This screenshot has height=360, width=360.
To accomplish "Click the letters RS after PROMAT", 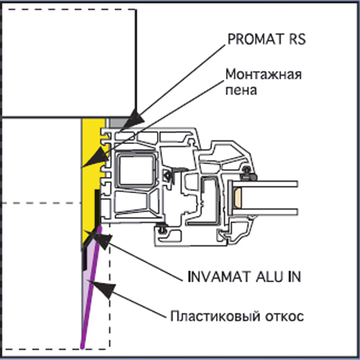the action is pos(297,39).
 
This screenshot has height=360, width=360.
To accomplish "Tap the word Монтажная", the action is pos(264,75).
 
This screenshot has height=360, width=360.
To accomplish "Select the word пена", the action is pos(241,90).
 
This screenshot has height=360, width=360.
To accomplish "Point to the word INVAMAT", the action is pos(219,276).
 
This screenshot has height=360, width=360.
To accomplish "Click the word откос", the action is pos(284,316).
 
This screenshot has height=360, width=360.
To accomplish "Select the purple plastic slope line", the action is pos(91,287).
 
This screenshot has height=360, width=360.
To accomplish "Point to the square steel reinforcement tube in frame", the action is pos(135,170).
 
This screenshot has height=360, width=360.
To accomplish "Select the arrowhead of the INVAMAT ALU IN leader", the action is pos(99,239).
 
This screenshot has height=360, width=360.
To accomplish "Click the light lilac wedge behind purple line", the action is pos(87,276).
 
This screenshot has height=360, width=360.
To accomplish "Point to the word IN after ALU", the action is pos(294,276).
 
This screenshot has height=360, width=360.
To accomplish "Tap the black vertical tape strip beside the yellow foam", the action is pos(97,208).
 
